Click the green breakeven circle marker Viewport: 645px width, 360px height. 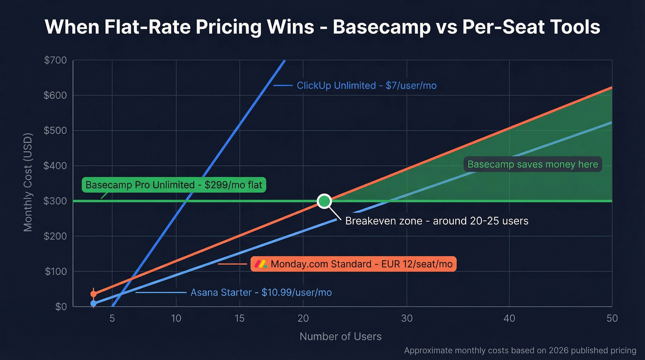click(324, 201)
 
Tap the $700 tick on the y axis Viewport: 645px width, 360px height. click(55, 60)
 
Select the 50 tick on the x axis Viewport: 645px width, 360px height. click(612, 319)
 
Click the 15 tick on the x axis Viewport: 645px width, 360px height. click(239, 319)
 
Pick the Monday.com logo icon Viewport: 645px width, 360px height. click(261, 264)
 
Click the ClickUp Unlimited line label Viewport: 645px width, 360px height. click(367, 85)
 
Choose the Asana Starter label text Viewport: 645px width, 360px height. click(261, 293)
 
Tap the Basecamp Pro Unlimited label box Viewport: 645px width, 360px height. click(174, 185)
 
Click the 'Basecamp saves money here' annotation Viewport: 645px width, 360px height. click(533, 165)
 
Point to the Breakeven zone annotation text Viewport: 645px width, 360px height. click(436, 221)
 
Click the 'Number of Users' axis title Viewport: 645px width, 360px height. click(340, 336)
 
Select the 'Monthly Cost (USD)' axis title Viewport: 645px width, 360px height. click(28, 183)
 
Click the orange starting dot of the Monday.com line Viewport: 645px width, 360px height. click(94, 294)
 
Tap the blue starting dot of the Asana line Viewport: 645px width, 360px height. click(94, 303)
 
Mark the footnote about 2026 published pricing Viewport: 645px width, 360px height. click(520, 351)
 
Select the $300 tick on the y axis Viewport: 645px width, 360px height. click(55, 201)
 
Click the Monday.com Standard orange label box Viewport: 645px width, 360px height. click(354, 264)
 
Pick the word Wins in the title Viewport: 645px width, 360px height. click(293, 27)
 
